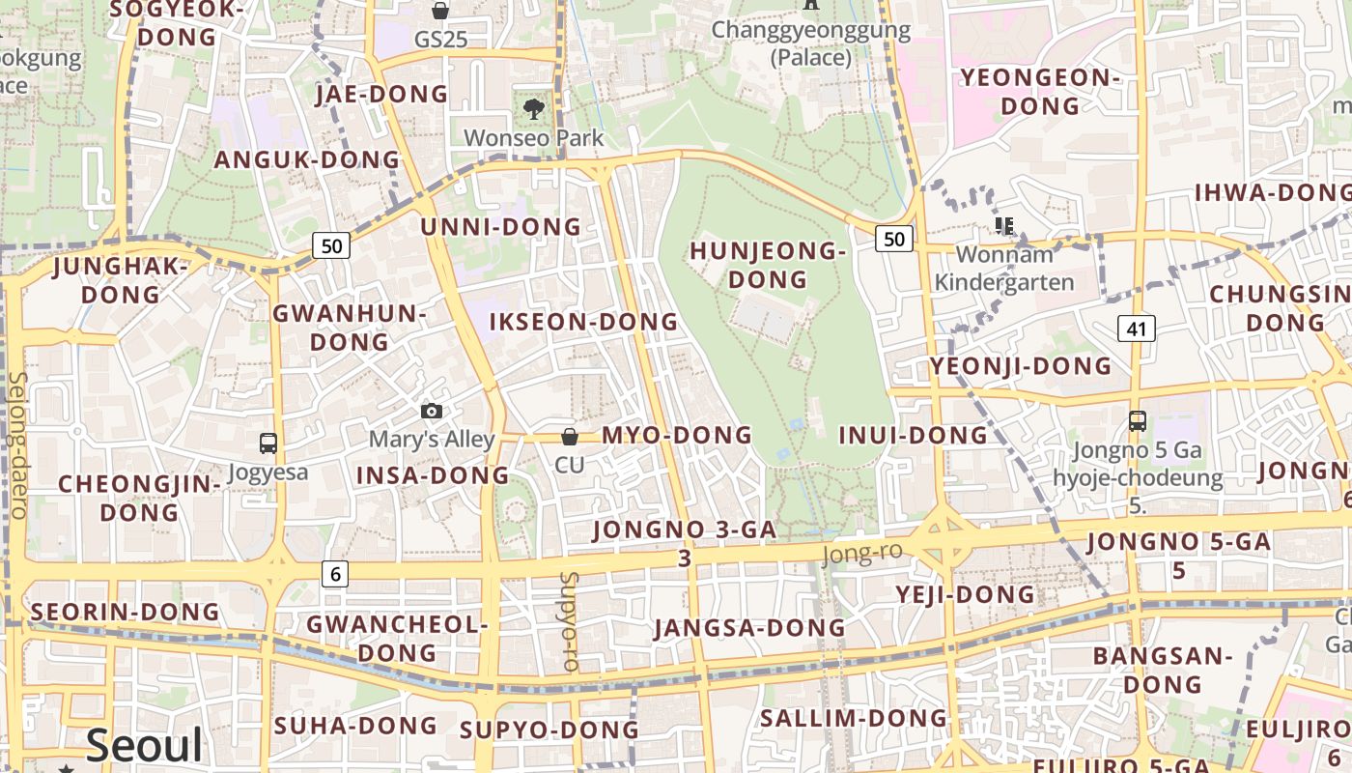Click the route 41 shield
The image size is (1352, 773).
coord(1136,329)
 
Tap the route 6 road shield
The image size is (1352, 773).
coord(335,574)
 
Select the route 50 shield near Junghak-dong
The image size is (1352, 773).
coord(331,245)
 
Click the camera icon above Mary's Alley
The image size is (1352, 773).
coord(432,412)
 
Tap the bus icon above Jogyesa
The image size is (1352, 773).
coord(268,444)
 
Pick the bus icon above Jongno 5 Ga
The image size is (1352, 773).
coord(1138,421)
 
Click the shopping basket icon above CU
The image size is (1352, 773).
coord(570,437)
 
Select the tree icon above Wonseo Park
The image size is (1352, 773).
coord(533,109)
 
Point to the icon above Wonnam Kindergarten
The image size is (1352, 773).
coord(1004,226)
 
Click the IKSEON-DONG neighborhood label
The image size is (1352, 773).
coord(583,322)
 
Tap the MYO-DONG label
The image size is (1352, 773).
coord(676,435)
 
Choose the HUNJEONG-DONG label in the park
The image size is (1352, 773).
coord(768,266)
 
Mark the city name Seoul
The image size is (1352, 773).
coord(145,745)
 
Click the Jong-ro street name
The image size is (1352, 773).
coord(861,553)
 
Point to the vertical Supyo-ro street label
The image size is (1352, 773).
coord(569,622)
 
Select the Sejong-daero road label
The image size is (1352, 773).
coord(17,444)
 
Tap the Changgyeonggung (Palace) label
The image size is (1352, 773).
coord(811,43)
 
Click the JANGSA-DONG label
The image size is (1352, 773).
coord(749,628)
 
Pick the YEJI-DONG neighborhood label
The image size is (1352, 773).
coord(965,593)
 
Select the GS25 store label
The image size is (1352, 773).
coord(440,40)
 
